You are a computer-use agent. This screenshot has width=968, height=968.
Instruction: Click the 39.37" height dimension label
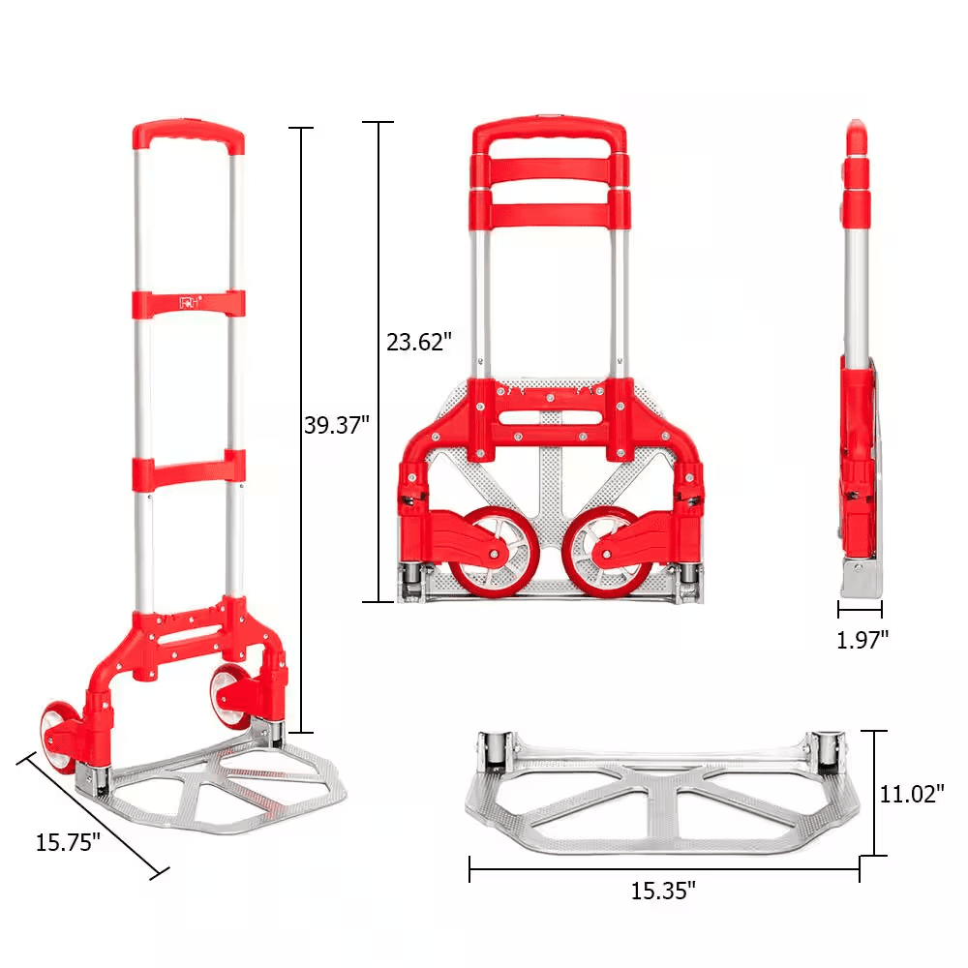337,425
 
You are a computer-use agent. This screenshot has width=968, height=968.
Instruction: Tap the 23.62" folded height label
419,342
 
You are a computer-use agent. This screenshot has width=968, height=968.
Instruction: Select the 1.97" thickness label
862,640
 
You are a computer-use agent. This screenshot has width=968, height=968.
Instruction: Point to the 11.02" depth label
912,794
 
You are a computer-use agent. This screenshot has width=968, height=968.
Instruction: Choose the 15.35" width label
663,891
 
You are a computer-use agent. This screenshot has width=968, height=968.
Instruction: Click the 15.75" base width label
68,842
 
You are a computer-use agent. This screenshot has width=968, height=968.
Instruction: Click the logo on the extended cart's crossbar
190,302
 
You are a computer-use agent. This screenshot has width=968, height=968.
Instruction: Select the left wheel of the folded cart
494,553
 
